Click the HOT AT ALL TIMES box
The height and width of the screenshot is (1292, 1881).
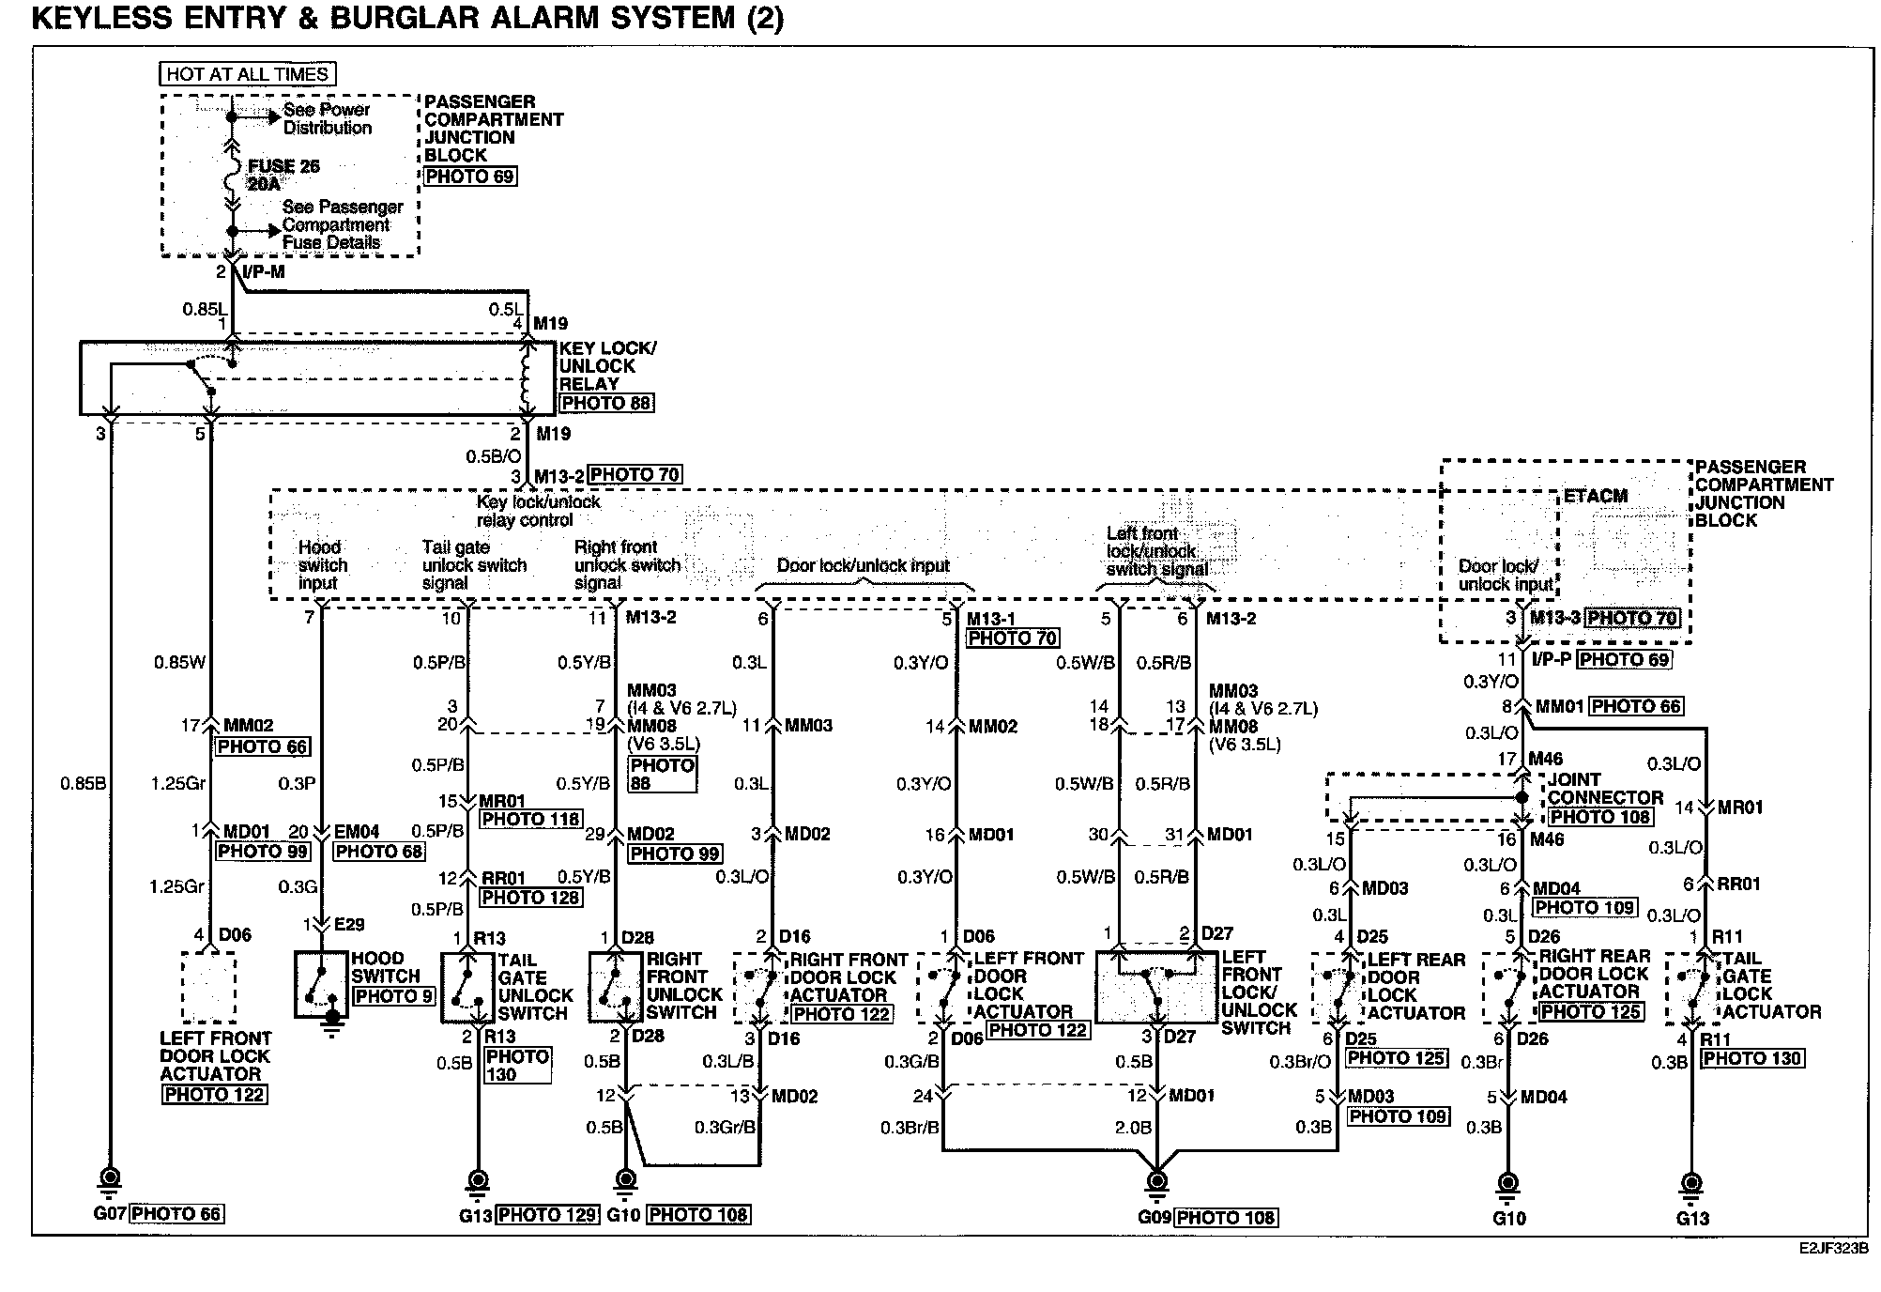[248, 74]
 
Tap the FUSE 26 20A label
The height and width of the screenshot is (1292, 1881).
[283, 175]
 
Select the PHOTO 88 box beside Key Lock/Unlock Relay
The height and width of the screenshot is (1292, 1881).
[606, 403]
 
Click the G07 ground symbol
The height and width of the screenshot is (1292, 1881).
[110, 1178]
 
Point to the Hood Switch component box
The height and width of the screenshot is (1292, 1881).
[321, 985]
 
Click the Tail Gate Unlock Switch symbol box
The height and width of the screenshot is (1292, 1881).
[467, 987]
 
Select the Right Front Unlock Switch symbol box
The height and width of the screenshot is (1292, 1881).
[616, 987]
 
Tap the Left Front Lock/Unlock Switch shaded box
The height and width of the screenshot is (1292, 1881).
[1155, 985]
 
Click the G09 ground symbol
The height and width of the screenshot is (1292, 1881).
[1157, 1181]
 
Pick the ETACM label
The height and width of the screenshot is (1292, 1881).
[1595, 497]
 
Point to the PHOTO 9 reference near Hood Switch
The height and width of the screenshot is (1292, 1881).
[393, 995]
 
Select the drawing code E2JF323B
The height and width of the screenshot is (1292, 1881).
[1833, 1250]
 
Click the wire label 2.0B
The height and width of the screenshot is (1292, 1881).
[1133, 1128]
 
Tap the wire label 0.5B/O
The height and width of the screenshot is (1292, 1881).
[493, 456]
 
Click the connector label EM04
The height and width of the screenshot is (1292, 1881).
[358, 832]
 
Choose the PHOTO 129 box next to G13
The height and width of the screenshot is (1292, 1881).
[547, 1215]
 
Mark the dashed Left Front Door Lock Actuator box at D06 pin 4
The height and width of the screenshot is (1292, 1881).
[208, 988]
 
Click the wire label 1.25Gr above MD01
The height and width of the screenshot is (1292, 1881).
[177, 783]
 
